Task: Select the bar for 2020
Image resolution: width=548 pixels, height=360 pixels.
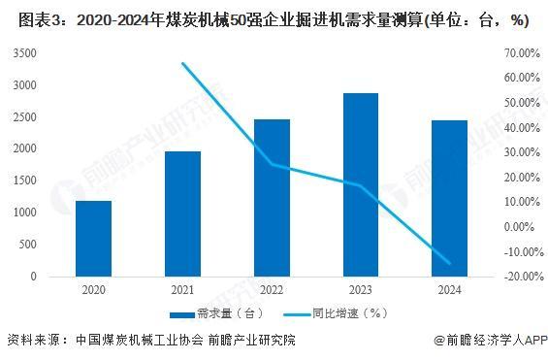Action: pos(93,239)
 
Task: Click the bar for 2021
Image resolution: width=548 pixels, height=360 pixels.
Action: pos(182,213)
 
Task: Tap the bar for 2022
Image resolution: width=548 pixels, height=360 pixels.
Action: pos(272,198)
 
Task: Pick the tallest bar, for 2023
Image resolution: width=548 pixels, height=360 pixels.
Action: pos(361,184)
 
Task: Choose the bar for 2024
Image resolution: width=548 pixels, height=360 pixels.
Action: pos(450,198)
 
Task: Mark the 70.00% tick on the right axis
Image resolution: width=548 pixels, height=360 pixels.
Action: pos(522,52)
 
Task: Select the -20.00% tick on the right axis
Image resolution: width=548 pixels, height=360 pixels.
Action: pos(520,277)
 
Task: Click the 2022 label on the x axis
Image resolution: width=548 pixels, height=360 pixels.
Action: pos(272,289)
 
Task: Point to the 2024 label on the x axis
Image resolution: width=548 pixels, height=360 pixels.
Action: pos(450,289)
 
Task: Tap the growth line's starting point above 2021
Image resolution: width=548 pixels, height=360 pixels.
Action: pos(182,64)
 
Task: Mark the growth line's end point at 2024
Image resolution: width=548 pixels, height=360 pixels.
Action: pos(450,263)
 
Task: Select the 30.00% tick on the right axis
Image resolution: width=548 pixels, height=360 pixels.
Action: pos(522,152)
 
